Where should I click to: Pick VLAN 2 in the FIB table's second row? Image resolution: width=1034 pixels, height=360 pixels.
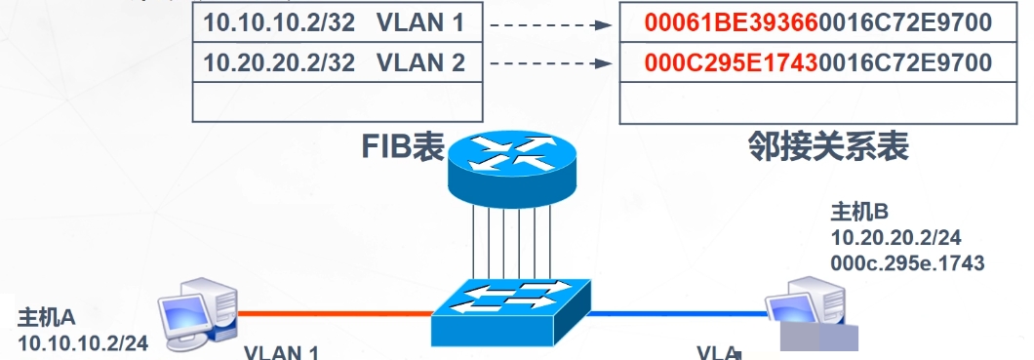click(x=417, y=64)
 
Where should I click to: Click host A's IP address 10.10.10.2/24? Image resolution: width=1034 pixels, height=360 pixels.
click(x=84, y=342)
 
